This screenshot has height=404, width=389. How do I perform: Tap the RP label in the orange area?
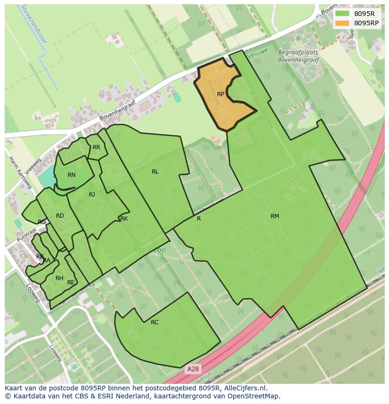pyautogui.click(x=220, y=94)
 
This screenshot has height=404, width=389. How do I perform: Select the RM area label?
pyautogui.click(x=275, y=216)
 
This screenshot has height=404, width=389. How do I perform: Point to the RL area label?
pyautogui.click(x=155, y=172)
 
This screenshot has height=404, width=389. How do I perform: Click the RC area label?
pyautogui.click(x=155, y=322)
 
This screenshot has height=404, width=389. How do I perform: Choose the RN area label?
pyautogui.click(x=71, y=175)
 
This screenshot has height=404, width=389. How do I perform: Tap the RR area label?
pyautogui.click(x=96, y=147)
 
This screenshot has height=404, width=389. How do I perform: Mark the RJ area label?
pyautogui.click(x=92, y=195)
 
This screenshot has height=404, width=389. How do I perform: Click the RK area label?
pyautogui.click(x=124, y=219)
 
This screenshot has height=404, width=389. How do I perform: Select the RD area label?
pyautogui.click(x=60, y=216)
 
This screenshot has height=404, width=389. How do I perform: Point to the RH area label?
pyautogui.click(x=59, y=278)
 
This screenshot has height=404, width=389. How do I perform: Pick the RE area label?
pyautogui.click(x=71, y=282)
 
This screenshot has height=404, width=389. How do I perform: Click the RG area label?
pyautogui.click(x=42, y=222)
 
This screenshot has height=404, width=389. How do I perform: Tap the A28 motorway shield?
pyautogui.click(x=192, y=369)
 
